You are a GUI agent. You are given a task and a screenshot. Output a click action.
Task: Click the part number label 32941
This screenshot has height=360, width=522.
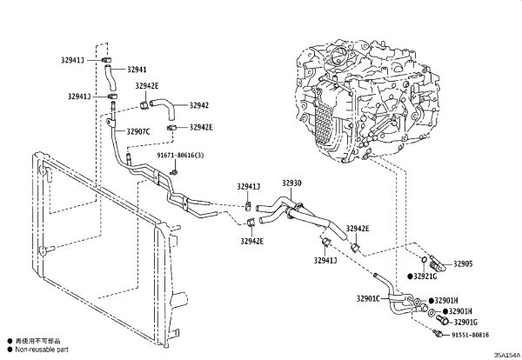(137, 70)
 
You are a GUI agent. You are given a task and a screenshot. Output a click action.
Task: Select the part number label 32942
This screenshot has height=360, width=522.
(199, 105)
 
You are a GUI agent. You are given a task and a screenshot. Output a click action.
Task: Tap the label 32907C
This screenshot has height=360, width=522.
(137, 132)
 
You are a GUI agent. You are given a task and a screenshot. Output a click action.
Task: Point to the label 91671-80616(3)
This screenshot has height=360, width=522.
(180, 156)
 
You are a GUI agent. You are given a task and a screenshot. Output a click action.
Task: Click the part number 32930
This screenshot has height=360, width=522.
(291, 183)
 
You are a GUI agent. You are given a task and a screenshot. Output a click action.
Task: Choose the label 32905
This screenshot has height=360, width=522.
(463, 263)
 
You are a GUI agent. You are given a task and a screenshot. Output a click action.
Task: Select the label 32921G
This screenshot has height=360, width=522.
(425, 277)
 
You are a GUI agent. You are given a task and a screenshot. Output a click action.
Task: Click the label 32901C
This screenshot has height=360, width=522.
(368, 298)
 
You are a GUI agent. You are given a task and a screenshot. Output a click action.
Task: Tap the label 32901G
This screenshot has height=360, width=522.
(465, 322)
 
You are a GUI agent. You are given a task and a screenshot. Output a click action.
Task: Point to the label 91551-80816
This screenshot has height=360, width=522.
(471, 335)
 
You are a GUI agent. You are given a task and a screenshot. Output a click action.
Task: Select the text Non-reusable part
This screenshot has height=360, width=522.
(42, 350)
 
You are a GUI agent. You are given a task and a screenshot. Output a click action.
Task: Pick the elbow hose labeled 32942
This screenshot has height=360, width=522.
(163, 108)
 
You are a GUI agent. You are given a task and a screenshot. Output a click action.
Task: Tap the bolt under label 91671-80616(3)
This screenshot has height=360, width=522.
(173, 172)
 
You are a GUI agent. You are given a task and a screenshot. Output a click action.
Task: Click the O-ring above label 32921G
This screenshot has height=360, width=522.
(424, 259)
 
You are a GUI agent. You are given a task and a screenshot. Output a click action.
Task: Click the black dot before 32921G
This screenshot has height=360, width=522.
(411, 277)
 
